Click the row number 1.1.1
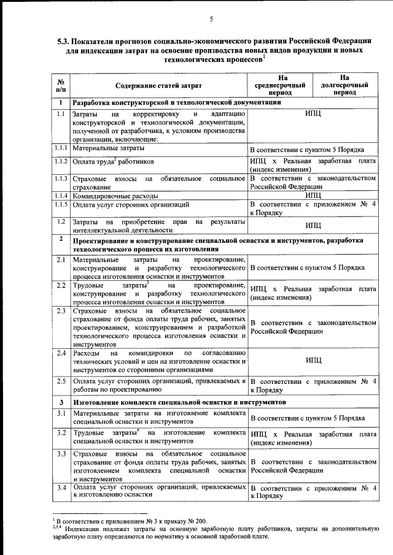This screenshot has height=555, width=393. (x=60, y=148)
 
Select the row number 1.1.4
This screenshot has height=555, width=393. (x=60, y=194)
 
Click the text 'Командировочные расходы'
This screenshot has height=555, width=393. (x=112, y=195)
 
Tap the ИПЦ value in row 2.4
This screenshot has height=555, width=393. (x=314, y=361)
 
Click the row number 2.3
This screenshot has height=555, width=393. (x=61, y=311)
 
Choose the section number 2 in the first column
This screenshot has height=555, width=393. (x=61, y=239)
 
